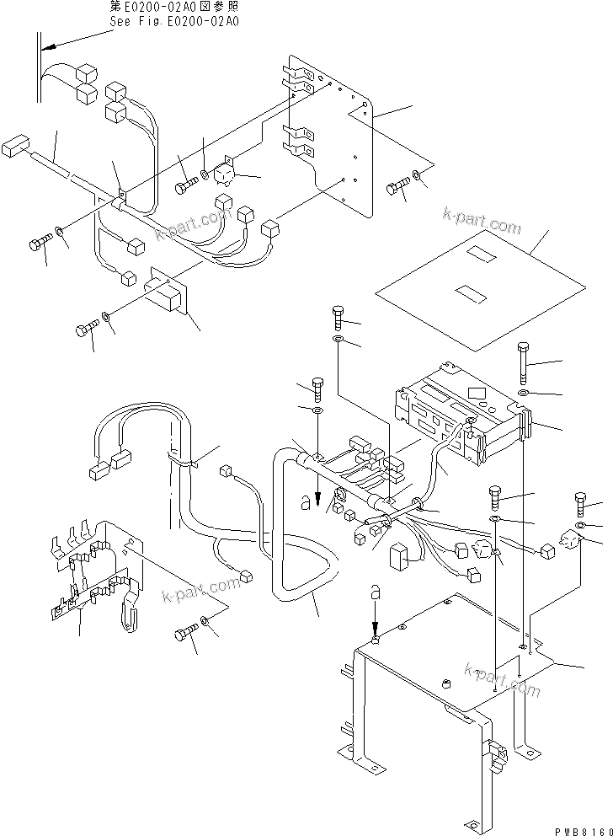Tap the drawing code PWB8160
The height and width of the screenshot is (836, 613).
coord(578,828)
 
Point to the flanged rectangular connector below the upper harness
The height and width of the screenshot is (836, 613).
coord(166,292)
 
